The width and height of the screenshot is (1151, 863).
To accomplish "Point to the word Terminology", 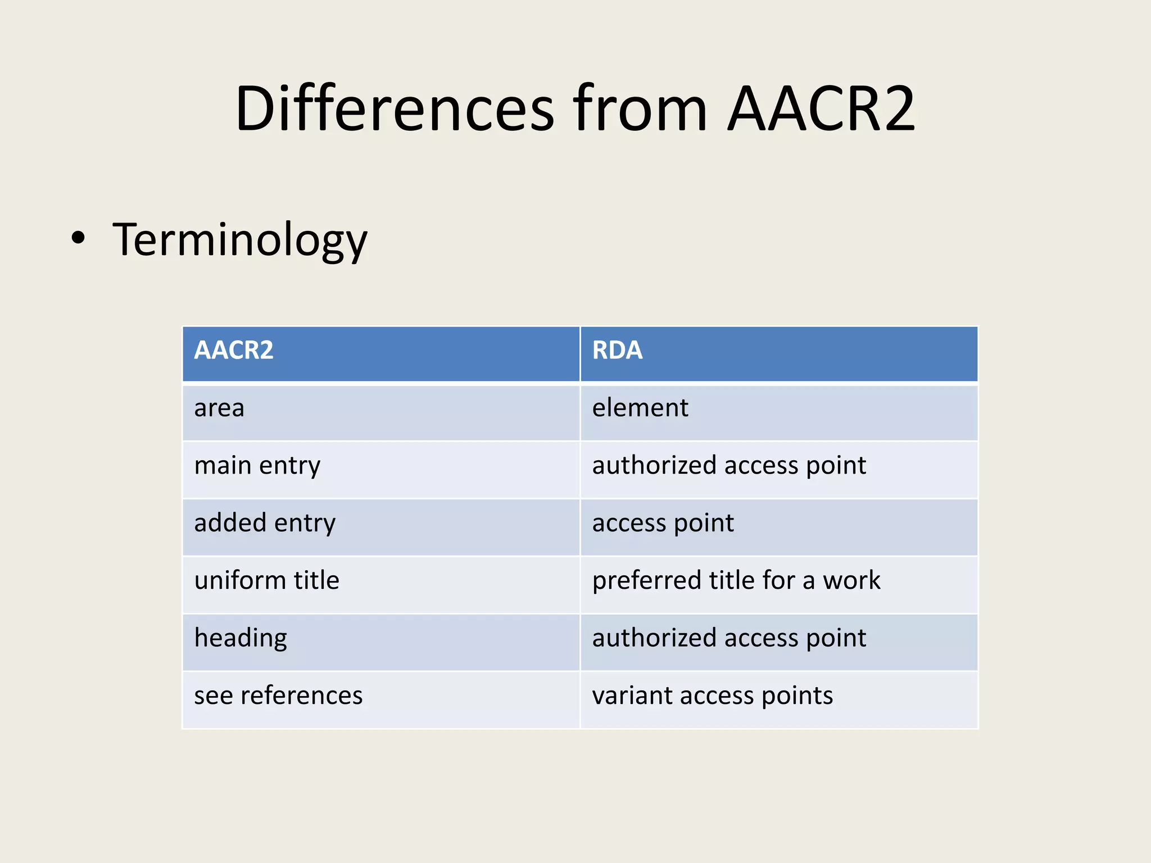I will (240, 240).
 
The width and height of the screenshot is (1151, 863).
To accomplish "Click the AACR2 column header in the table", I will (234, 350).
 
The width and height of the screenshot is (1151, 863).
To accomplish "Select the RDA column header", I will (617, 350).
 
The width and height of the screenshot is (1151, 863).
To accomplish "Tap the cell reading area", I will (219, 408).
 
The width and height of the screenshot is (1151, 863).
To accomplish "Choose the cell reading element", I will (640, 408).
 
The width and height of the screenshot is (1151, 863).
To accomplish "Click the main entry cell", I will (257, 466).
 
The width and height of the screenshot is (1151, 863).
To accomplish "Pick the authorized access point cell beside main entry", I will (729, 466).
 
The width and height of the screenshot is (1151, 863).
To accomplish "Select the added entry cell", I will (265, 523).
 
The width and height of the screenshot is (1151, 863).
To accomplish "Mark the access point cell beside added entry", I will (663, 523).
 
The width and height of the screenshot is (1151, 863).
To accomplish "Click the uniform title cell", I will (267, 580).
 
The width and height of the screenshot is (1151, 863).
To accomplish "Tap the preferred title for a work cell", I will (736, 580).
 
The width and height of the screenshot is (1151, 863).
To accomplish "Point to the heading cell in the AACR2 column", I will (241, 638).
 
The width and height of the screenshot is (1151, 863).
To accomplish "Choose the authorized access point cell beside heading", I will (729, 638).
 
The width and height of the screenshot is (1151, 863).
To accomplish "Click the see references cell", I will (278, 696).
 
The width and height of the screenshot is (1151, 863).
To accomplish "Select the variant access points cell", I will (713, 696).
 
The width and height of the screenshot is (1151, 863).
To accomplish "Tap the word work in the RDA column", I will (851, 580).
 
